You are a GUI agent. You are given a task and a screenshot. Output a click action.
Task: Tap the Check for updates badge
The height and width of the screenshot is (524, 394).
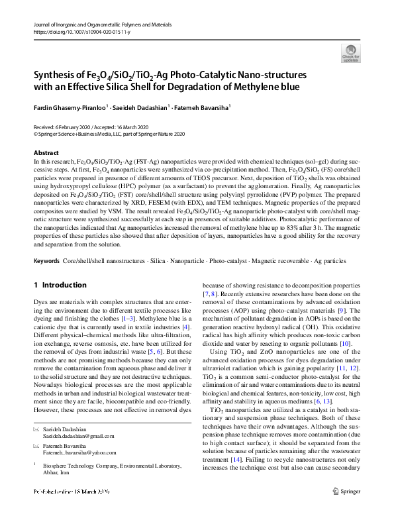[350, 54]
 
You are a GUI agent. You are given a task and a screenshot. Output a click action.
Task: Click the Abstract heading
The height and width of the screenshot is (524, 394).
[46, 153]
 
